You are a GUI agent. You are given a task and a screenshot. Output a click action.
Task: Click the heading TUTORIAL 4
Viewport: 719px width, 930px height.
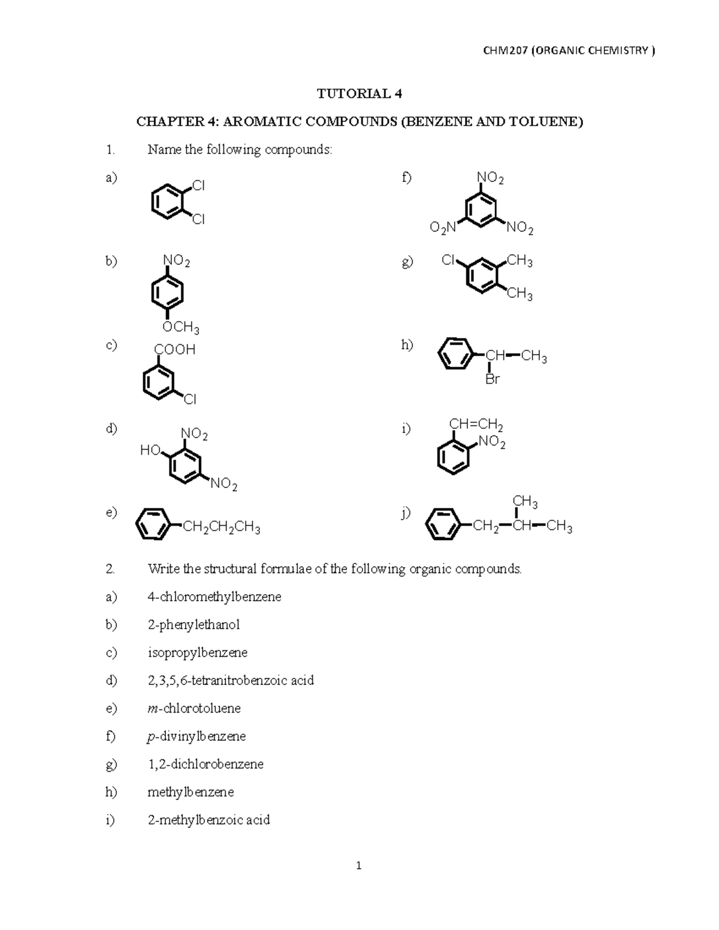click(x=359, y=93)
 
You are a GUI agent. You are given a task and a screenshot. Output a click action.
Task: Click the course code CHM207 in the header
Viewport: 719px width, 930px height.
click(x=504, y=51)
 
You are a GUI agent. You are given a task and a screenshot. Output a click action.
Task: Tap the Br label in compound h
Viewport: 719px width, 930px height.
click(x=492, y=380)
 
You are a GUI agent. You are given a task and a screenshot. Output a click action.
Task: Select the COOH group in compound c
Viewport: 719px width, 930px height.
click(x=175, y=350)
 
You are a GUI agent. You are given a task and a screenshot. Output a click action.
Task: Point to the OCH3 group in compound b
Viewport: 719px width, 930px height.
click(x=181, y=327)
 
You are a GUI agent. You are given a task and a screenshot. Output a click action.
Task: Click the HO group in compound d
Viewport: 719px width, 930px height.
click(x=150, y=450)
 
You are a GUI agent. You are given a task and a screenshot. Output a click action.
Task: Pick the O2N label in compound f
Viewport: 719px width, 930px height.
click(x=443, y=228)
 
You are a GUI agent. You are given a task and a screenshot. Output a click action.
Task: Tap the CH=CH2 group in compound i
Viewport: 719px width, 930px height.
click(x=476, y=425)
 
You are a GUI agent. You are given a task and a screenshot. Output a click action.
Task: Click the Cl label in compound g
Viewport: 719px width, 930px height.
click(x=449, y=260)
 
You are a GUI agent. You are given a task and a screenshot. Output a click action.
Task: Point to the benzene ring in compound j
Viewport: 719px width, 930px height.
click(x=444, y=526)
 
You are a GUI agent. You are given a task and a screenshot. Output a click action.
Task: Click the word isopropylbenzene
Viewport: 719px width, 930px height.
click(x=198, y=652)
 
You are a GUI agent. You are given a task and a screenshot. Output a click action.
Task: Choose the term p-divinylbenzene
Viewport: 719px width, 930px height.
click(x=197, y=736)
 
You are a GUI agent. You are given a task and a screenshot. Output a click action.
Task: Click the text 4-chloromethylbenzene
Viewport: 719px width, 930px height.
click(x=215, y=596)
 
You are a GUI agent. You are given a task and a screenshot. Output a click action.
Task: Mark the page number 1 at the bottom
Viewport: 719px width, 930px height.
click(x=359, y=865)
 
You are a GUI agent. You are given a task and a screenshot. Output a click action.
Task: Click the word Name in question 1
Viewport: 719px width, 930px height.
click(x=164, y=150)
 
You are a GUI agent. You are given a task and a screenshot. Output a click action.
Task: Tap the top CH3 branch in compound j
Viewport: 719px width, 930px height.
click(x=525, y=502)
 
